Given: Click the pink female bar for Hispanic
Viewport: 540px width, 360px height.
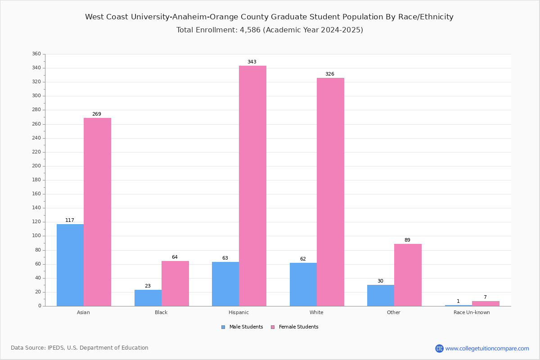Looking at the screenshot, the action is (252, 186).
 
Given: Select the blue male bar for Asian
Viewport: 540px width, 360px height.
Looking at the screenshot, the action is (70, 265).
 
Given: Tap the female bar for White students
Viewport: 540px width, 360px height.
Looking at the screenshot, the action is (330, 192).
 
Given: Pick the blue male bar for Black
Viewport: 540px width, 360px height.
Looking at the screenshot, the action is (148, 298).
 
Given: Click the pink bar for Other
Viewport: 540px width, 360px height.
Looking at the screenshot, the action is (408, 275).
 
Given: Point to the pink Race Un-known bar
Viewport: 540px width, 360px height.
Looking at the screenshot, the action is (486, 304).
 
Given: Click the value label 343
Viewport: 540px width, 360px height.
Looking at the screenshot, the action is (252, 62).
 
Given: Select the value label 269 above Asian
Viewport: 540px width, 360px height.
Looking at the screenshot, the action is (97, 114).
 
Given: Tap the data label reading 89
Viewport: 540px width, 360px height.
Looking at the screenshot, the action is (407, 240).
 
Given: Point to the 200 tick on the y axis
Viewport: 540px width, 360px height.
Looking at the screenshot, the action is (36, 166).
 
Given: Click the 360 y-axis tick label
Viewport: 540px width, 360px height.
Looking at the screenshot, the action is (36, 54).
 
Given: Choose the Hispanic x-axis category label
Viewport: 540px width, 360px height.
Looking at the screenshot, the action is (238, 312).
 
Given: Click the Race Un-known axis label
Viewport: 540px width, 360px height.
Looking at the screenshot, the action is (472, 312).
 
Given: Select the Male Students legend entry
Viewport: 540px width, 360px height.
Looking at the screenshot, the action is (242, 327).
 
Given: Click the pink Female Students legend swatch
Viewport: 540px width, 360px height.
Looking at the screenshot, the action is (273, 327).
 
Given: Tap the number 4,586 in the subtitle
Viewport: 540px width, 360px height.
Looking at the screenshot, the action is (250, 30).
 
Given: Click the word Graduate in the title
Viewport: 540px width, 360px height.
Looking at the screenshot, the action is (289, 17).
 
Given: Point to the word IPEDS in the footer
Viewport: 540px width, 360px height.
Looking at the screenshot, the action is (56, 348).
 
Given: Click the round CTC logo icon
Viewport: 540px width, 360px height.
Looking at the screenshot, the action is (439, 348).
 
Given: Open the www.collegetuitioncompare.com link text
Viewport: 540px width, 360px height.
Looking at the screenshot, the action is (487, 348).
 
